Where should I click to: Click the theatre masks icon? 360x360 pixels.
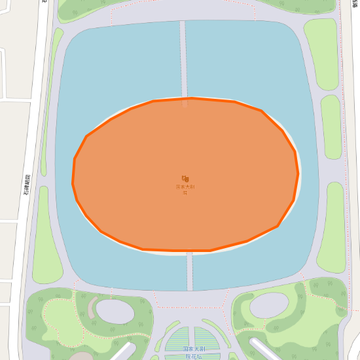tap(185, 178)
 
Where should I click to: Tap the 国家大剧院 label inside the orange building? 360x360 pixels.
tap(185, 189)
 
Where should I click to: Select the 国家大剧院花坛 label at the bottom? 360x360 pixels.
tap(194, 353)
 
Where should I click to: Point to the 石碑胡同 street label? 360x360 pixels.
tap(27, 185)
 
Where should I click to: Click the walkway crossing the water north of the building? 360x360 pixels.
tap(183, 59)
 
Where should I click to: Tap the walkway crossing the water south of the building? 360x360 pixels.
tap(190, 272)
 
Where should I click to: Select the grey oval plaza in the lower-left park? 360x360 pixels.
tap(115, 312)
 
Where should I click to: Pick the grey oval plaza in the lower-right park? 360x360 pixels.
tap(269, 304)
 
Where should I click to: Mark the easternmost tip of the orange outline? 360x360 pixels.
tap(298, 173)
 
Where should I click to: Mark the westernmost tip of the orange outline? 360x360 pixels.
tap(72, 180)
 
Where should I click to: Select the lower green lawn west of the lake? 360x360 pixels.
tap(47, 236)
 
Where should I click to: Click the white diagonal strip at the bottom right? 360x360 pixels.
tap(266, 350)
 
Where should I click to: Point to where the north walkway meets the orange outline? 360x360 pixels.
tap(185, 98)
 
